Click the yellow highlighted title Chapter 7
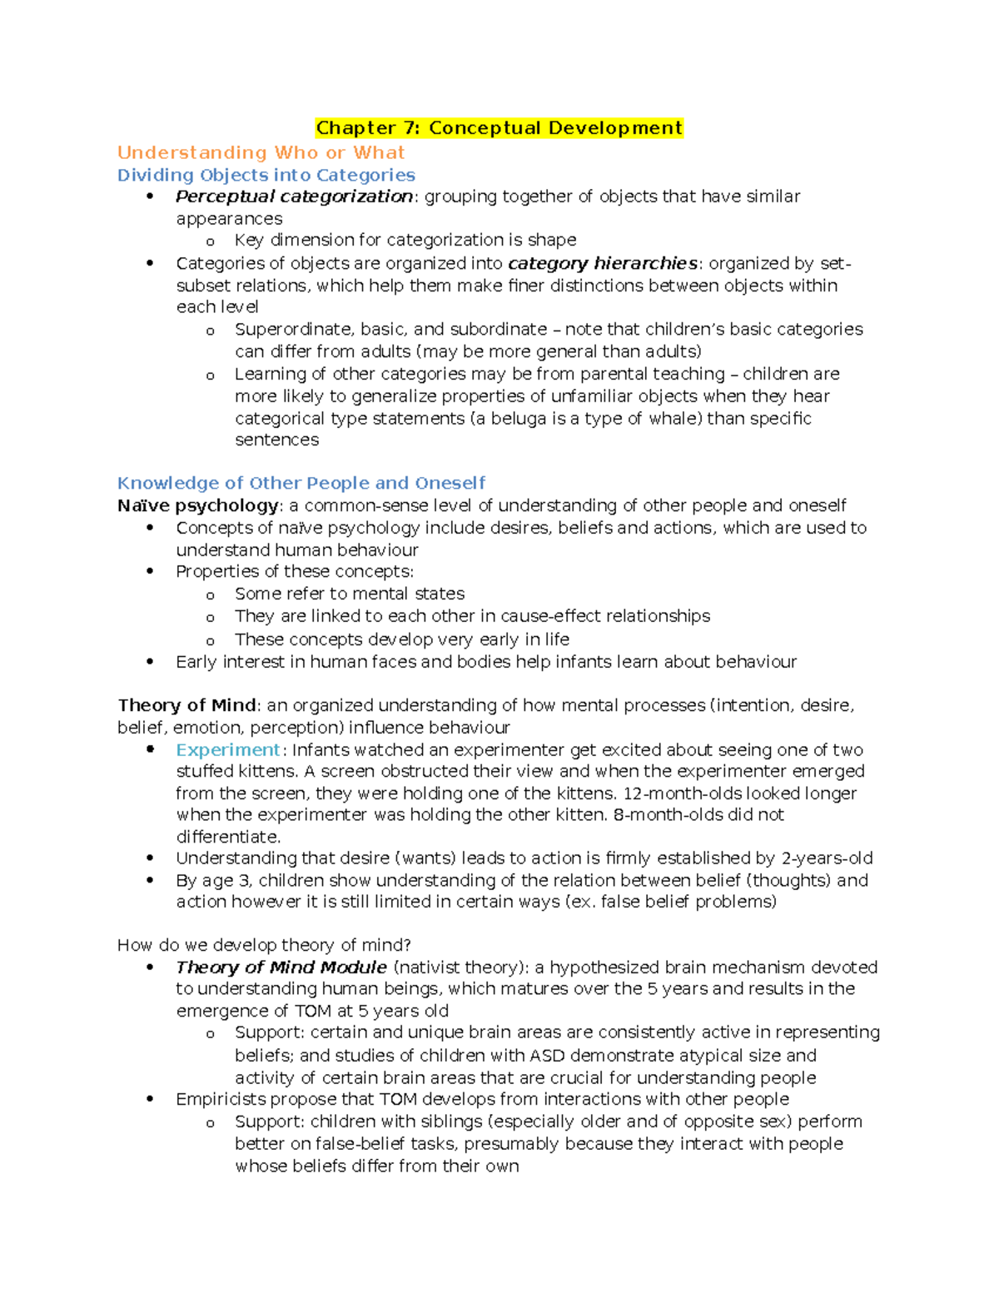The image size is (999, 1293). click(499, 128)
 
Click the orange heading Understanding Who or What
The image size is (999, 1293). click(261, 152)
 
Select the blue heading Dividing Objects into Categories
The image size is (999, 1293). click(266, 175)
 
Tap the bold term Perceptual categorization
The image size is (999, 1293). click(294, 196)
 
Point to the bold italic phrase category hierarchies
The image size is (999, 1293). click(602, 263)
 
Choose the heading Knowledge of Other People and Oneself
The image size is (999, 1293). click(301, 483)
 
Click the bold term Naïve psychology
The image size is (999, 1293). click(198, 505)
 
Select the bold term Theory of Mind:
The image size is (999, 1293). click(189, 705)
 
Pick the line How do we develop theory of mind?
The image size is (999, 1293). click(264, 945)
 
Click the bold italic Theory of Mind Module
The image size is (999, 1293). click(281, 967)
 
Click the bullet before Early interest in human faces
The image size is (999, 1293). click(151, 662)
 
